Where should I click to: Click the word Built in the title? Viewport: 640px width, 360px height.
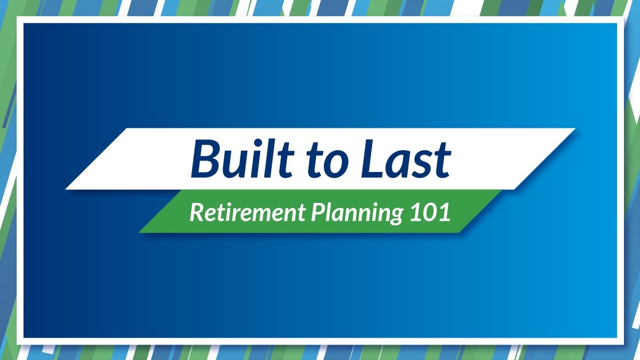(242, 158)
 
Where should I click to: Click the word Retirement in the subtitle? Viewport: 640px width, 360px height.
(247, 212)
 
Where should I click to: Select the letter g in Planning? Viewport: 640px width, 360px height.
(395, 216)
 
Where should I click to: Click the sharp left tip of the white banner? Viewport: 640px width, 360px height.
(66, 189)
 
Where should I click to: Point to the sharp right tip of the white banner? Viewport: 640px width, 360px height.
(575, 129)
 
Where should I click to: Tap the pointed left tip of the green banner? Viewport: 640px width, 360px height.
(139, 232)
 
